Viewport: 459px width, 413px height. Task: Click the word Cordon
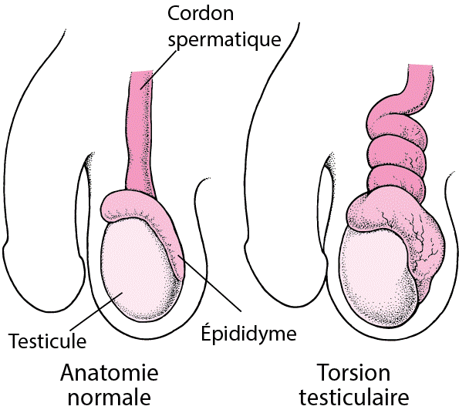pos(201,13)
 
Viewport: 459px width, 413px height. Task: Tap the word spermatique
pos(224,39)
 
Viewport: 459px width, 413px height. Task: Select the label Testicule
pos(47,341)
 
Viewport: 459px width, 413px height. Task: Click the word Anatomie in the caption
pos(110,372)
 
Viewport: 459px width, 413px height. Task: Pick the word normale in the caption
pos(110,398)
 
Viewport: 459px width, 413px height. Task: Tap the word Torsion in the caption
pos(353,372)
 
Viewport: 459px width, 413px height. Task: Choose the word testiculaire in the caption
pos(354,397)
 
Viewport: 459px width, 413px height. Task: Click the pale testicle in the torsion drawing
pos(378,277)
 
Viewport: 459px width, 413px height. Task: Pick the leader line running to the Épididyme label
pos(209,284)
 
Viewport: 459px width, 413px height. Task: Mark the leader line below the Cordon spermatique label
pos(158,69)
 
